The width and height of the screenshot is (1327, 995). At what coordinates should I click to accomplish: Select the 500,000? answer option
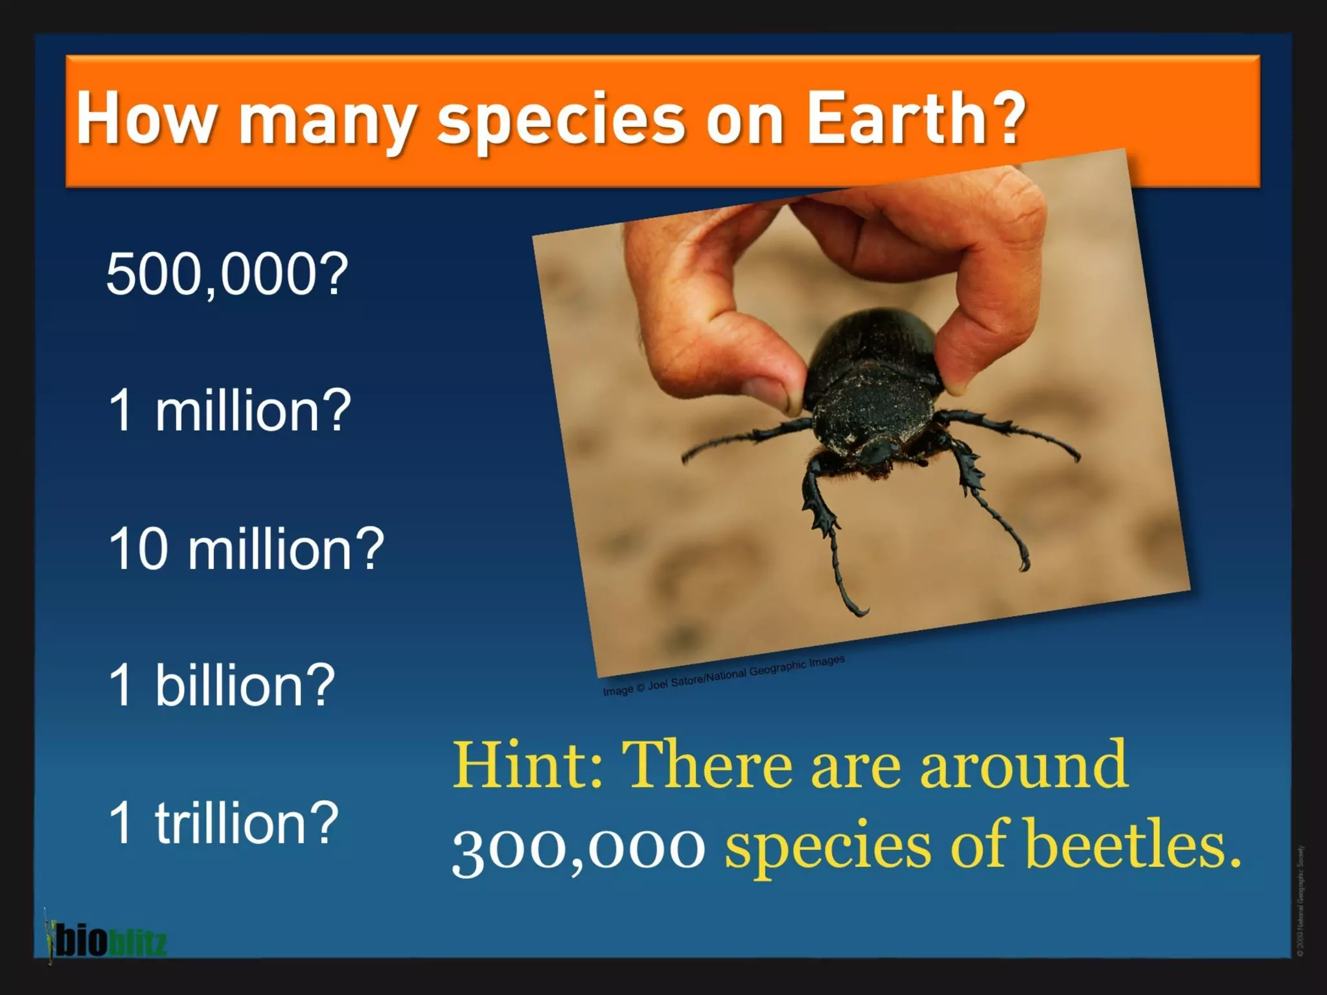click(x=227, y=275)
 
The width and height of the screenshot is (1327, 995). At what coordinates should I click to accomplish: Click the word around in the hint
click(x=1024, y=766)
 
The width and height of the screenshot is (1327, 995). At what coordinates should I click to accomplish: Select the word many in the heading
click(x=327, y=123)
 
